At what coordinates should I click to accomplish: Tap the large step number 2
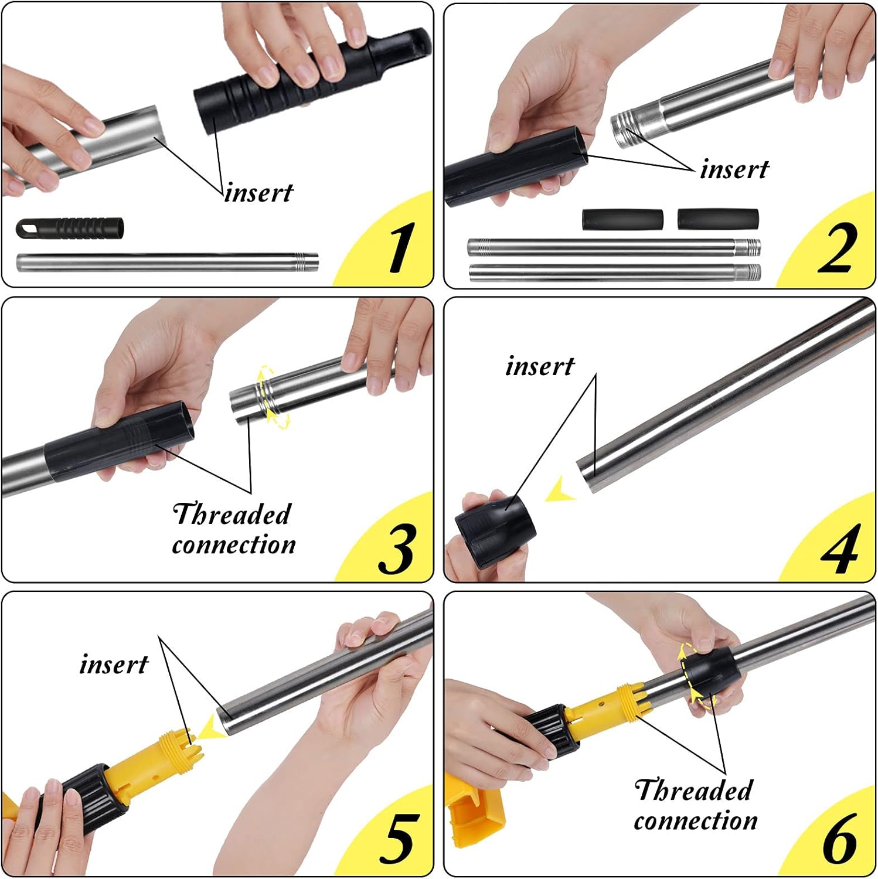pyautogui.click(x=836, y=248)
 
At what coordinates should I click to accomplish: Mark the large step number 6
pyautogui.click(x=840, y=838)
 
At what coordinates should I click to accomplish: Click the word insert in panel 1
pyautogui.click(x=259, y=192)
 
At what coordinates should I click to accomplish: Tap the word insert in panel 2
pyautogui.click(x=734, y=169)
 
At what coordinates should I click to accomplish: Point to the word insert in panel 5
pyautogui.click(x=114, y=664)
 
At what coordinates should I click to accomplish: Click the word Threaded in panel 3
pyautogui.click(x=232, y=514)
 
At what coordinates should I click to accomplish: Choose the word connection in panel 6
pyautogui.click(x=696, y=820)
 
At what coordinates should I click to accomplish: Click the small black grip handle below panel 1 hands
pyautogui.click(x=70, y=228)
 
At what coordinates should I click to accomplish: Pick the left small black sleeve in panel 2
pyautogui.click(x=622, y=219)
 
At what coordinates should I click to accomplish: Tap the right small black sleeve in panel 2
pyautogui.click(x=718, y=219)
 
